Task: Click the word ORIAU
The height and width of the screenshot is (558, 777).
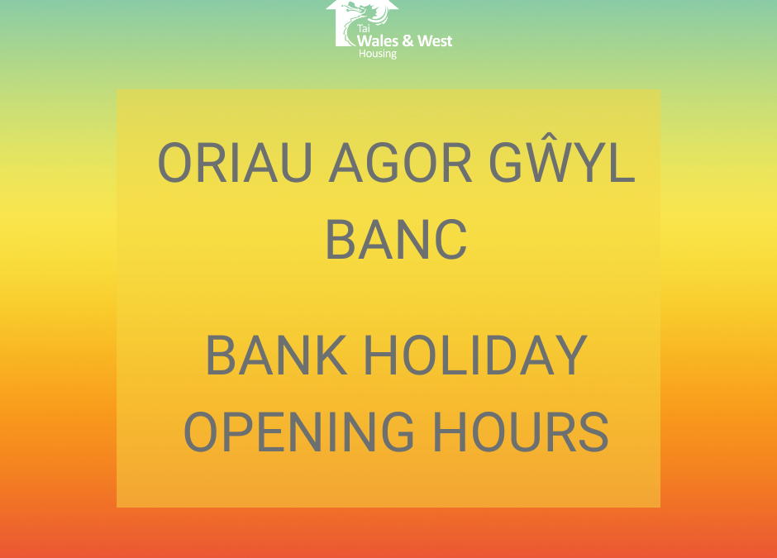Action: [235, 163]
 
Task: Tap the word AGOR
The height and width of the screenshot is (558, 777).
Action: [400, 163]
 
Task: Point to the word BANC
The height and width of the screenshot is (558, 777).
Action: [397, 240]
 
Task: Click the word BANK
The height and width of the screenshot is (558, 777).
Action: [276, 355]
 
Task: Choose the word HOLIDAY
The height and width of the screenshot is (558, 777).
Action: [476, 355]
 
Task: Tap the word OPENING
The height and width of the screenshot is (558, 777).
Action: [298, 432]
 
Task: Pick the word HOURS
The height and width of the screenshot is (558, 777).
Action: [521, 432]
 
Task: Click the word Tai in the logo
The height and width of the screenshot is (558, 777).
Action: [363, 29]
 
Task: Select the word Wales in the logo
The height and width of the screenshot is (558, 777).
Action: [378, 41]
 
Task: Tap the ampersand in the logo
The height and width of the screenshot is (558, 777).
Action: [408, 41]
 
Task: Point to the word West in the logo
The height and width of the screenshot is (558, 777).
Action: [435, 41]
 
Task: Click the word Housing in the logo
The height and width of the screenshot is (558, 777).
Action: [378, 54]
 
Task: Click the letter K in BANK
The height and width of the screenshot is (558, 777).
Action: [330, 355]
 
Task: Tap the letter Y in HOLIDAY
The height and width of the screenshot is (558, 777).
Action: [571, 355]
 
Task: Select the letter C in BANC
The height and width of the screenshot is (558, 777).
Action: [450, 240]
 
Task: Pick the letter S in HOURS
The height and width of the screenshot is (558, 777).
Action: [593, 432]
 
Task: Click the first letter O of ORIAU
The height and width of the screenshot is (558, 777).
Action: [174, 163]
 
